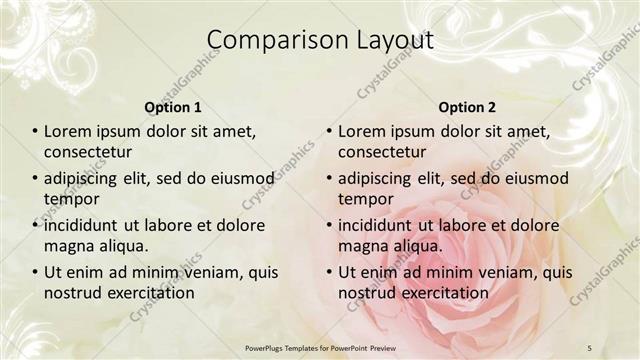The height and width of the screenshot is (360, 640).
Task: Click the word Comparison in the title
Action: point(267,40)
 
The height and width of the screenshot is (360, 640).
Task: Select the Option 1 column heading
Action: point(173,107)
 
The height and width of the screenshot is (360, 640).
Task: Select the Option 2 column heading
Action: point(467,107)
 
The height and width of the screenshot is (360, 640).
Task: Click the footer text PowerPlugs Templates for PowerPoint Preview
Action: point(319,347)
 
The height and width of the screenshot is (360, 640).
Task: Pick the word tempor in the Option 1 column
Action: point(69,198)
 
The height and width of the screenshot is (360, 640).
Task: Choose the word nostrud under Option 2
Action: point(366,293)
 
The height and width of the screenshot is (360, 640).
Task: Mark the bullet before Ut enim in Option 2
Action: point(329,272)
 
